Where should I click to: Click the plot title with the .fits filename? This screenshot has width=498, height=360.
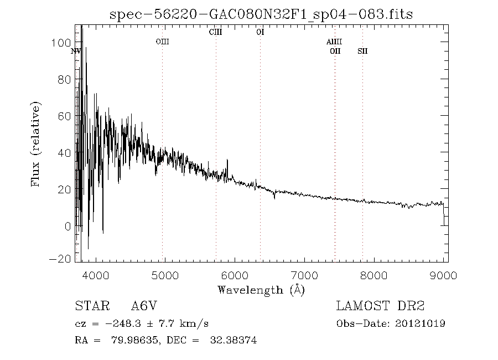click(261, 14)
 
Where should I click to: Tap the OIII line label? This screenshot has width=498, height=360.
click(162, 42)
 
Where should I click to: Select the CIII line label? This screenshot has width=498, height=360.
click(215, 32)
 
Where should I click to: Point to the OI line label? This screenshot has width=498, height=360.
click(260, 32)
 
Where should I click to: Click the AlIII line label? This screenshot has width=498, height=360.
click(334, 42)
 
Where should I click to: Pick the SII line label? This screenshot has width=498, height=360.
click(362, 51)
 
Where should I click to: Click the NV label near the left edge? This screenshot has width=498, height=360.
click(76, 51)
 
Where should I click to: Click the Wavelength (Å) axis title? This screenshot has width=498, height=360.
click(261, 289)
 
